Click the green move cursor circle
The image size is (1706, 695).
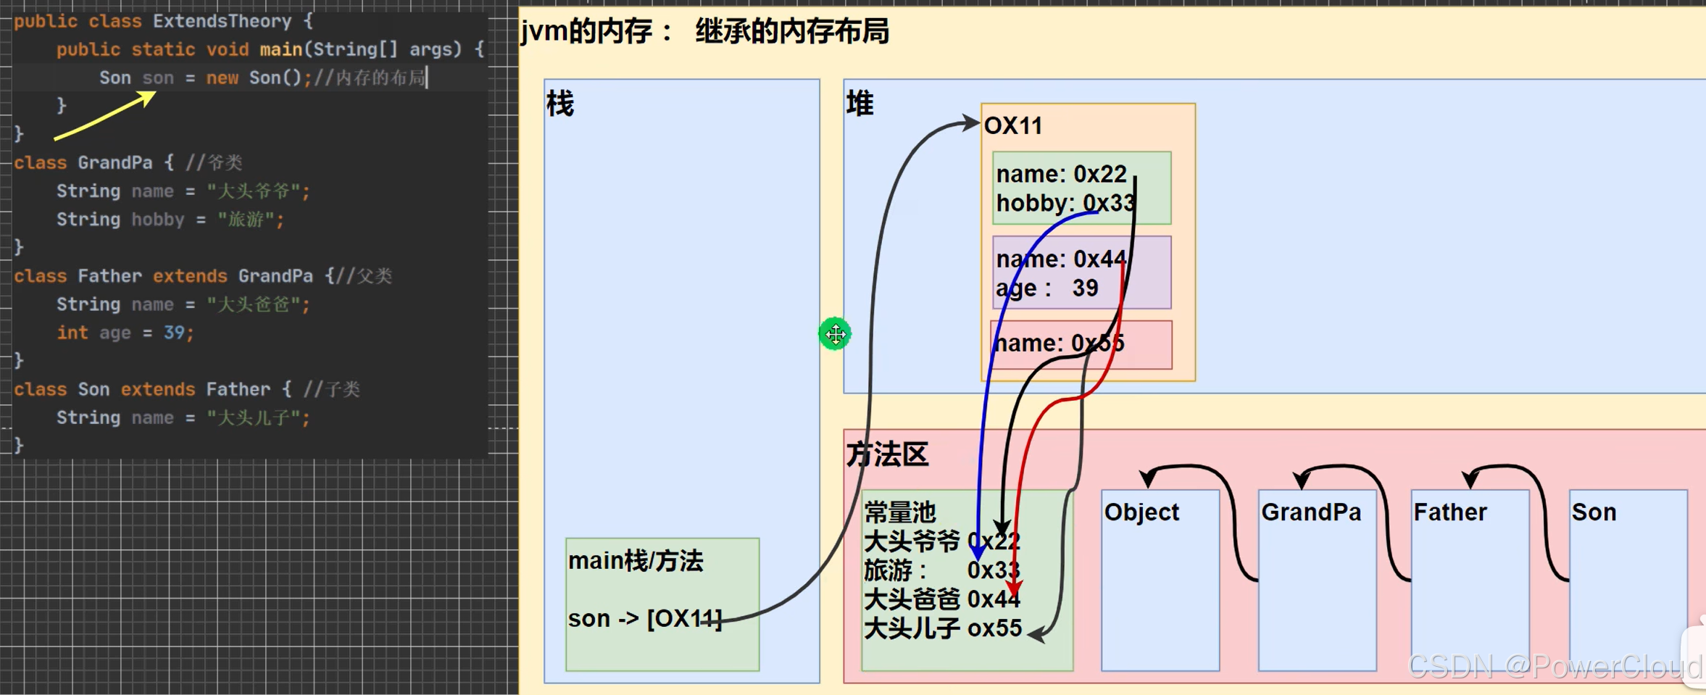click(835, 334)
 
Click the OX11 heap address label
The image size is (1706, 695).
click(1013, 126)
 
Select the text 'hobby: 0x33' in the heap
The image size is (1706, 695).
click(1065, 203)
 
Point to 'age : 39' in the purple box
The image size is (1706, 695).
click(1047, 288)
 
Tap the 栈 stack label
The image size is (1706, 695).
click(560, 104)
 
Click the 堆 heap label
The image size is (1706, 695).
click(860, 104)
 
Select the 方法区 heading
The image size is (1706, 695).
click(888, 455)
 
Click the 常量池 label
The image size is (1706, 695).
click(900, 513)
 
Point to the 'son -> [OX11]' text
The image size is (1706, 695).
click(644, 619)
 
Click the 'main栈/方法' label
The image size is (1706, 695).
click(636, 561)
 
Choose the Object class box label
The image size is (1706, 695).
click(1141, 512)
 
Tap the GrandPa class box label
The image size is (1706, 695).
click(1311, 512)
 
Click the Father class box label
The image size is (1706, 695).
click(1450, 512)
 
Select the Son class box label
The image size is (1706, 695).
click(1594, 512)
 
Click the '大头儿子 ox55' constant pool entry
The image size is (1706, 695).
click(943, 628)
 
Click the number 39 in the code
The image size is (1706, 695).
click(174, 333)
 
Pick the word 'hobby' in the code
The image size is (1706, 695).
click(158, 220)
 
